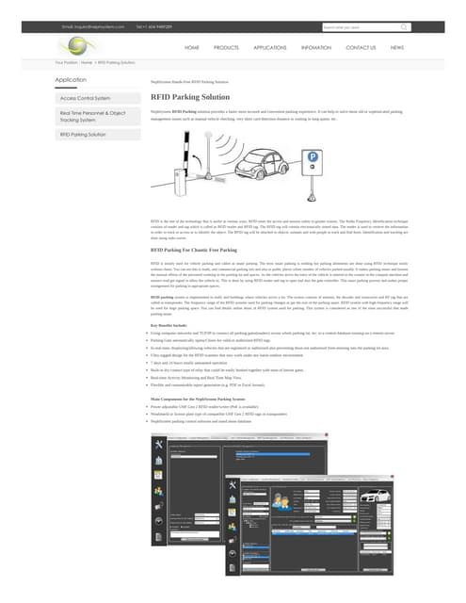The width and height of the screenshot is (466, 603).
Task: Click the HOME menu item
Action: (x=192, y=46)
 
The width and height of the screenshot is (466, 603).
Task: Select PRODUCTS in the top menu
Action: (x=226, y=46)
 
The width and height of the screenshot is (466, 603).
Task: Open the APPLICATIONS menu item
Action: (x=270, y=46)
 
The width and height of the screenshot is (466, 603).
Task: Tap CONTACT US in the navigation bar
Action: (x=361, y=46)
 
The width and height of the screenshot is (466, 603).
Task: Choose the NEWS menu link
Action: (x=397, y=46)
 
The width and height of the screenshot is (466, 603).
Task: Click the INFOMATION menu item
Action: (x=315, y=46)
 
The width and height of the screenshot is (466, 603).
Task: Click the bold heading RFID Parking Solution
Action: (x=189, y=97)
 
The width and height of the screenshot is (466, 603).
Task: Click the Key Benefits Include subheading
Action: (x=170, y=323)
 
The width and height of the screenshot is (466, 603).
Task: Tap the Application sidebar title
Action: (x=72, y=80)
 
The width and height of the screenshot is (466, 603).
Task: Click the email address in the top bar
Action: (x=93, y=26)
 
